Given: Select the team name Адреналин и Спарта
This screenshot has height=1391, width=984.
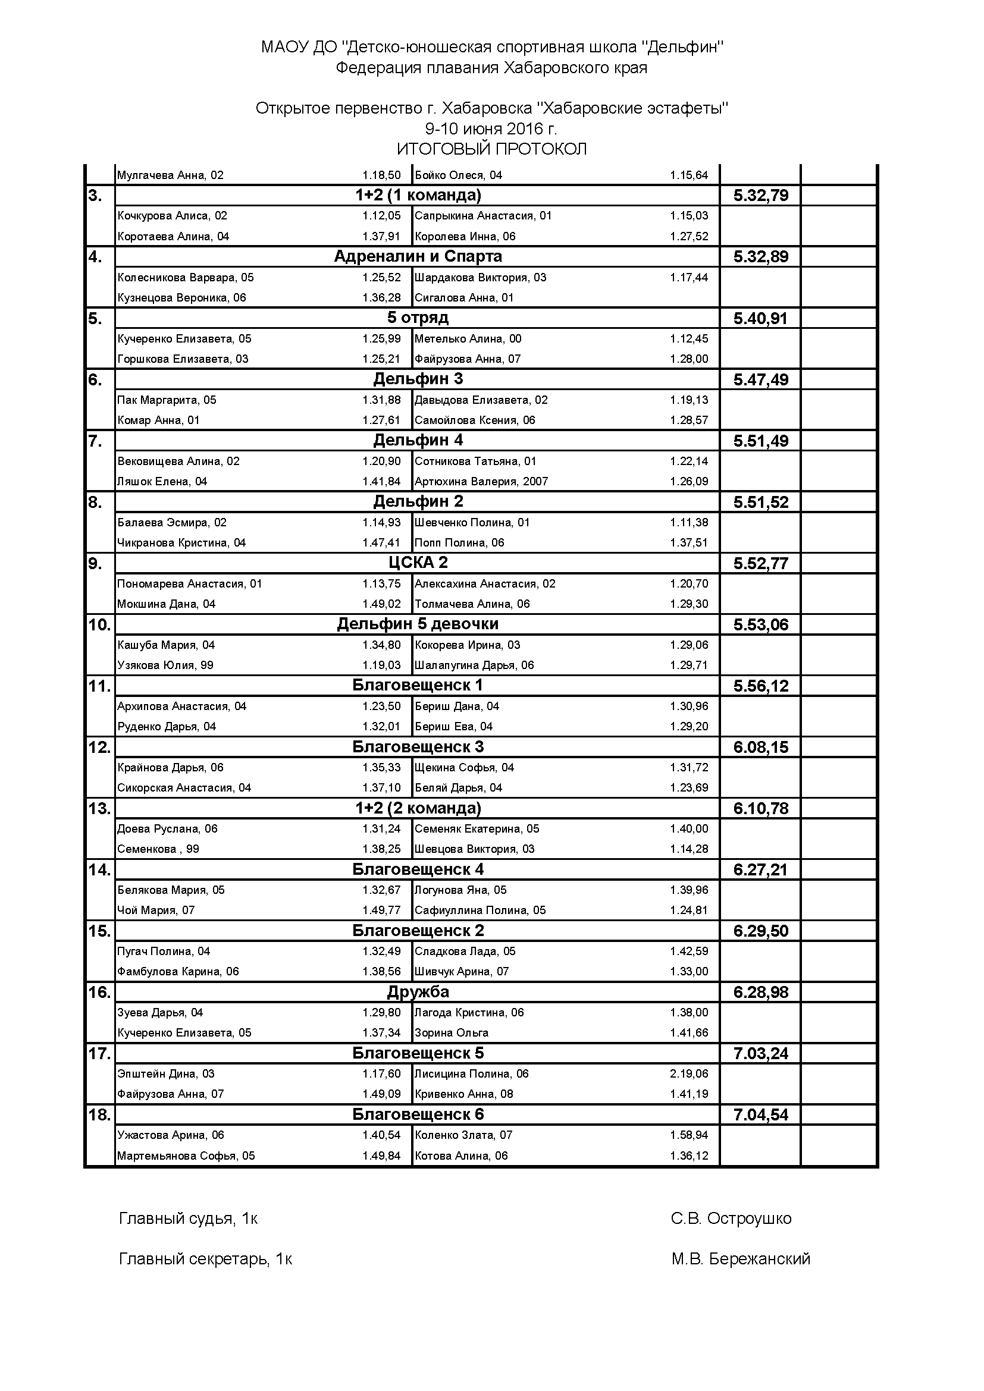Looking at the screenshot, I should pyautogui.click(x=418, y=256).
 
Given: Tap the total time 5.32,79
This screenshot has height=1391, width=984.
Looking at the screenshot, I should pyautogui.click(x=760, y=195).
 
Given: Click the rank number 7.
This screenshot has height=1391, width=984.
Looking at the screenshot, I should pyautogui.click(x=95, y=441).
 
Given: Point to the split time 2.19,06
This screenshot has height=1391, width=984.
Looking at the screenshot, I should pyautogui.click(x=689, y=1073).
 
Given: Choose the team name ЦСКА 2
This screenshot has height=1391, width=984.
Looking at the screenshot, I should pyautogui.click(x=418, y=563).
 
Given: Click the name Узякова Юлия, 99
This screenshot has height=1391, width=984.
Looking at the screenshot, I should pyautogui.click(x=165, y=665).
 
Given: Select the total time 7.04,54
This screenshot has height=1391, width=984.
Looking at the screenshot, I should pyautogui.click(x=760, y=1114).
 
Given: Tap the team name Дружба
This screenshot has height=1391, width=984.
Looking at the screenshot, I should pyautogui.click(x=418, y=992).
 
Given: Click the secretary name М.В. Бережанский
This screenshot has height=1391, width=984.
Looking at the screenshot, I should pyautogui.click(x=741, y=1259).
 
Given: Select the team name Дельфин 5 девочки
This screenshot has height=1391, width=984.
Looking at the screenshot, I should pyautogui.click(x=418, y=624).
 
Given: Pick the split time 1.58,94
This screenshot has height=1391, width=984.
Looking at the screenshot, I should pyautogui.click(x=689, y=1135).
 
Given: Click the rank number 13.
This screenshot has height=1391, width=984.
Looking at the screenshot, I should pyautogui.click(x=98, y=808).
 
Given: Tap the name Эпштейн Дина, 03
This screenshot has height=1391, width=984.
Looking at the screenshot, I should pyautogui.click(x=166, y=1073).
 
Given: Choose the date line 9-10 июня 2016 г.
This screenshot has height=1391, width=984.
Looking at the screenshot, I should pyautogui.click(x=491, y=129).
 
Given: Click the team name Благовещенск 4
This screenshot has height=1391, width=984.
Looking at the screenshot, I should pyautogui.click(x=418, y=869).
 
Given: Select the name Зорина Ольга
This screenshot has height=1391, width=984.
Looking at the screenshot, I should pyautogui.click(x=452, y=1033).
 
